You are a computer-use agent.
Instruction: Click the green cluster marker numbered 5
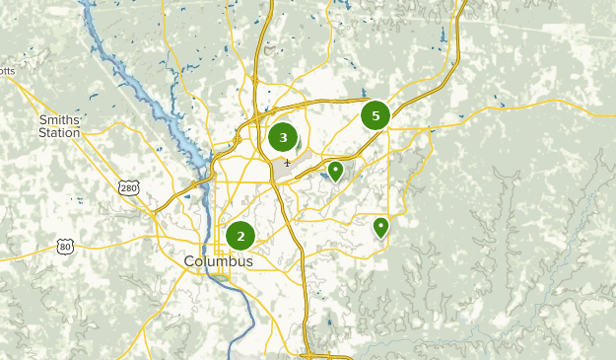[x=376, y=115]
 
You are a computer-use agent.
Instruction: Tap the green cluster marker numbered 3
[x=283, y=138]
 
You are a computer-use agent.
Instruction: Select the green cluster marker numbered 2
[x=240, y=236]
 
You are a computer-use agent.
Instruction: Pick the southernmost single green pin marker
[x=380, y=228]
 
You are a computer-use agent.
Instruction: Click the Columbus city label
[x=218, y=261]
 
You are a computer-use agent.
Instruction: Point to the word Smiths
[x=59, y=119]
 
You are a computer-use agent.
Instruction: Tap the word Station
[x=59, y=132]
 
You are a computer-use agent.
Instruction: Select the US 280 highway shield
[x=127, y=187]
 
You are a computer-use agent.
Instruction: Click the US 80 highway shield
[x=65, y=245]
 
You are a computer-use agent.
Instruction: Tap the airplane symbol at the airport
[x=287, y=163]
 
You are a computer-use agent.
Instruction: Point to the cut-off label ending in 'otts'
[x=8, y=71]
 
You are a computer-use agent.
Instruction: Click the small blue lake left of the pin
[x=323, y=178]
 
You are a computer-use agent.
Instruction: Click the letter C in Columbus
[x=189, y=261]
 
